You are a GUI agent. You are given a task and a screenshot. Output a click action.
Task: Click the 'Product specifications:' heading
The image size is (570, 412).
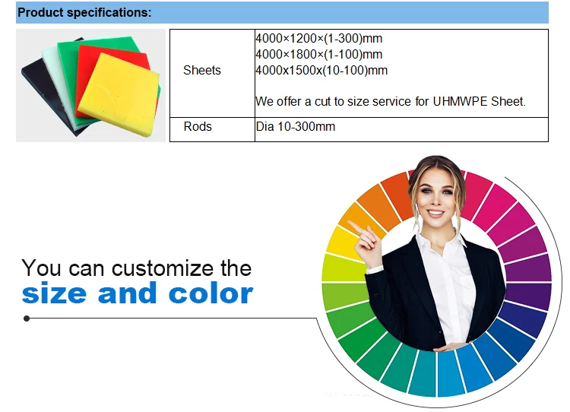(x=84, y=12)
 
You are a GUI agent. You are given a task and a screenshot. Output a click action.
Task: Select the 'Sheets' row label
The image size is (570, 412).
(x=201, y=70)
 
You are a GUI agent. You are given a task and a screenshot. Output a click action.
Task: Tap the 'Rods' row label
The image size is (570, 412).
(x=198, y=126)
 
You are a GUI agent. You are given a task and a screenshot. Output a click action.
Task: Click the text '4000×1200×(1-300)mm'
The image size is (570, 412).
(x=318, y=38)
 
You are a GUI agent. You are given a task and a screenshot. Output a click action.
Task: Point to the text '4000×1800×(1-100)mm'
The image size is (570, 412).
(x=318, y=54)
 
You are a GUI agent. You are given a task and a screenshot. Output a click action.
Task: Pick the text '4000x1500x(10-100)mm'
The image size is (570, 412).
(x=321, y=70)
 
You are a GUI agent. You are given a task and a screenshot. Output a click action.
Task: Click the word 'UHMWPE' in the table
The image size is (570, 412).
(x=460, y=101)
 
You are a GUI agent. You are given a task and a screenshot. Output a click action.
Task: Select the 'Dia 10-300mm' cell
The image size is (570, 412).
(x=295, y=126)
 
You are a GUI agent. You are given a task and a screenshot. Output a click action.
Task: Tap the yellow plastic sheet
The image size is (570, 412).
(x=119, y=95)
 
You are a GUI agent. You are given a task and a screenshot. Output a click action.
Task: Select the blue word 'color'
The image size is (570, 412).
(x=211, y=293)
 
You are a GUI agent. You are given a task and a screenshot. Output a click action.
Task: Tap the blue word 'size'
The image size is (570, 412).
(x=54, y=294)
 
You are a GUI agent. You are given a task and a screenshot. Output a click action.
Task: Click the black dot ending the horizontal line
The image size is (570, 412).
(x=27, y=319)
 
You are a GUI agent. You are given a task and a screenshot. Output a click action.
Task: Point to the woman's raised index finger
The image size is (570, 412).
(x=355, y=227)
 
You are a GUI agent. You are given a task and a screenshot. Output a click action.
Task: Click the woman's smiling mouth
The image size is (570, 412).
(x=435, y=212)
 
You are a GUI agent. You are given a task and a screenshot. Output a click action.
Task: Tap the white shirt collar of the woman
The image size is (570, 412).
(x=440, y=240)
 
